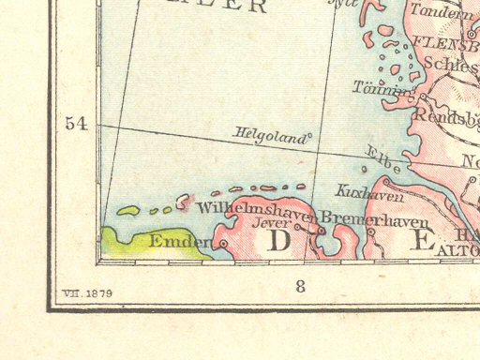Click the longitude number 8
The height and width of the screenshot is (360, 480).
(300, 287)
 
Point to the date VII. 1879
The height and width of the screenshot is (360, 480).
(87, 293)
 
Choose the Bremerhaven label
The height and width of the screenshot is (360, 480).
(375, 220)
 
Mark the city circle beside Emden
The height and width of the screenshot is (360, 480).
(223, 244)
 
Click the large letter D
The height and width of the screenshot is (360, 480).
(278, 242)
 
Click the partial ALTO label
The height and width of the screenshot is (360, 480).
(459, 248)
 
